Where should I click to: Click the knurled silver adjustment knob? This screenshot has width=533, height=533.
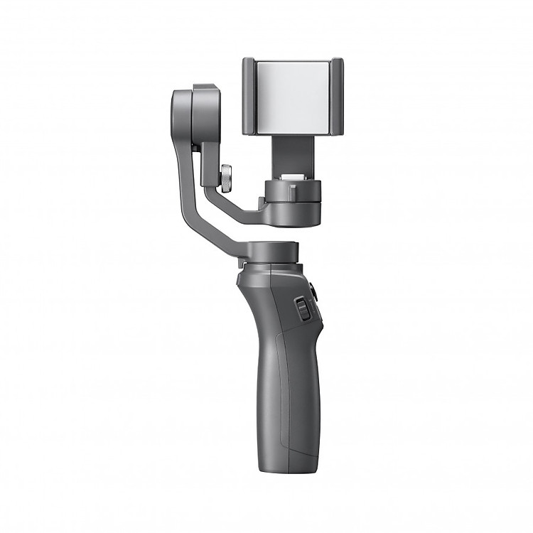click(x=226, y=178)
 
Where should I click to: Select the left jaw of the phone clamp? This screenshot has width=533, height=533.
click(x=249, y=96)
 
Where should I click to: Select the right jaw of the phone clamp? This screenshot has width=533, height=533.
click(x=336, y=96)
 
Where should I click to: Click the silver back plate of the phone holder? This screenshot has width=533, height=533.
click(x=293, y=95)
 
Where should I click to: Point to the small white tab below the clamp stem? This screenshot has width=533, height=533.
click(x=292, y=177)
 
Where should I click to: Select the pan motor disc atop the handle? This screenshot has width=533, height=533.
click(x=273, y=252)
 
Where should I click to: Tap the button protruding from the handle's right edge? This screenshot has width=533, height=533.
click(x=313, y=290)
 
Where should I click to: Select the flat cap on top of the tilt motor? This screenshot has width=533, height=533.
click(x=205, y=87)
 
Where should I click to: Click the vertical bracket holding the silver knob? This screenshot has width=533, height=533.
click(x=211, y=160)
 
